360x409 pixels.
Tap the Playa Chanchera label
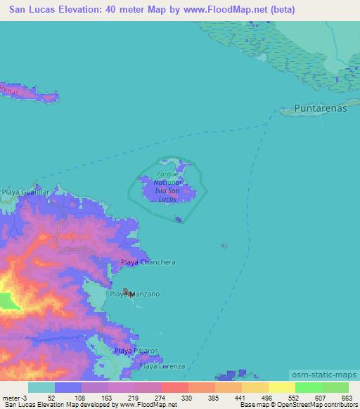(148, 262)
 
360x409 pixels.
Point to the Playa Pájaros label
(136, 350)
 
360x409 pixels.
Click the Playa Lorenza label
(162, 366)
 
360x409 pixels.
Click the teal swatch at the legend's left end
(41, 387)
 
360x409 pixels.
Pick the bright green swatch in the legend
(308, 387)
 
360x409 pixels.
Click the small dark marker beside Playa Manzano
(127, 292)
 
